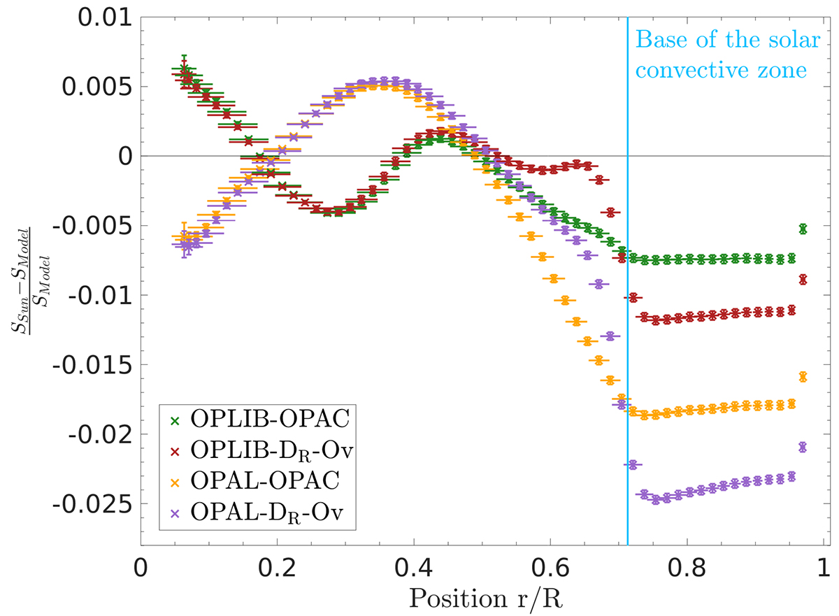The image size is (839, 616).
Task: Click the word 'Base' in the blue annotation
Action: tap(655, 41)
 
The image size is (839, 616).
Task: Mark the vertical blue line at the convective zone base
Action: tap(627, 315)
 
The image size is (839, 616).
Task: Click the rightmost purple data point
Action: tap(803, 447)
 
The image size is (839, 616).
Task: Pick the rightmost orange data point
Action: tap(803, 377)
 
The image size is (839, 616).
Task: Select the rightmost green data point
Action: tap(803, 229)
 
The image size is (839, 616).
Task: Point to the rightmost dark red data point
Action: tap(803, 280)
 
